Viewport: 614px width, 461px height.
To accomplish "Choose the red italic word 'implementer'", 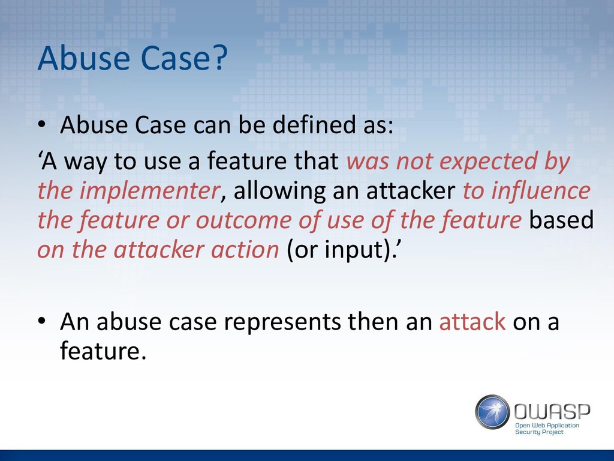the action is (x=149, y=191).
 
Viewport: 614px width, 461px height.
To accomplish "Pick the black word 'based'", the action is (x=561, y=220).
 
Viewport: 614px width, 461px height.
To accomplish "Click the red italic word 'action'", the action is (x=245, y=250).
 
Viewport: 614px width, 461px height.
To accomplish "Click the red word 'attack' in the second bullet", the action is (x=472, y=322).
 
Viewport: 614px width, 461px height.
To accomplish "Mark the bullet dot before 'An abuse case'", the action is (x=42, y=321).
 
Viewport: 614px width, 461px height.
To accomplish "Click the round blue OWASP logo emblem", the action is (x=493, y=412).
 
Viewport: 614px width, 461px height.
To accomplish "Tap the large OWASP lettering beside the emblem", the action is (x=552, y=412).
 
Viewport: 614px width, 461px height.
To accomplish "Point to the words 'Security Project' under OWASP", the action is (x=539, y=432).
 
